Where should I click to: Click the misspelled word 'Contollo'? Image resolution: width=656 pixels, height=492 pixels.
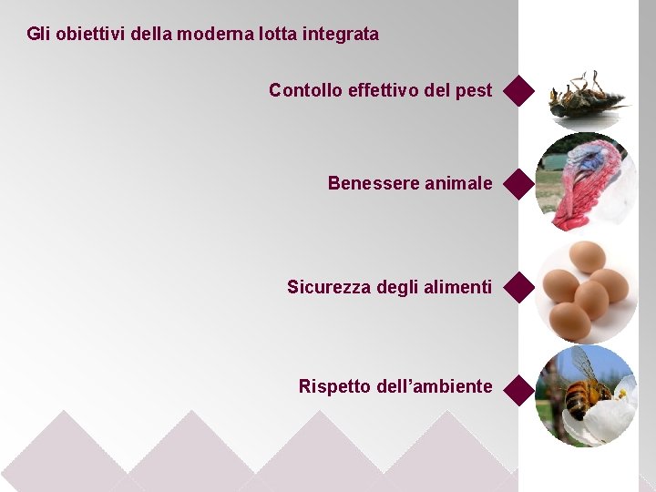tap(305, 90)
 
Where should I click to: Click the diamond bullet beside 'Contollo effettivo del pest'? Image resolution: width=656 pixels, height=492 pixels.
tap(518, 91)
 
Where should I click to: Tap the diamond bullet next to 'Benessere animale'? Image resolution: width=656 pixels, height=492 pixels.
tap(518, 183)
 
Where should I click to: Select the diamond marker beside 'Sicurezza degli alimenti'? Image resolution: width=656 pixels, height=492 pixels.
tap(518, 287)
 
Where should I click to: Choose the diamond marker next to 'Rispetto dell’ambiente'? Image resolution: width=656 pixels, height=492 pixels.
tap(518, 390)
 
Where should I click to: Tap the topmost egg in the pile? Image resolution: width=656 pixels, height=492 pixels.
tap(586, 257)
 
